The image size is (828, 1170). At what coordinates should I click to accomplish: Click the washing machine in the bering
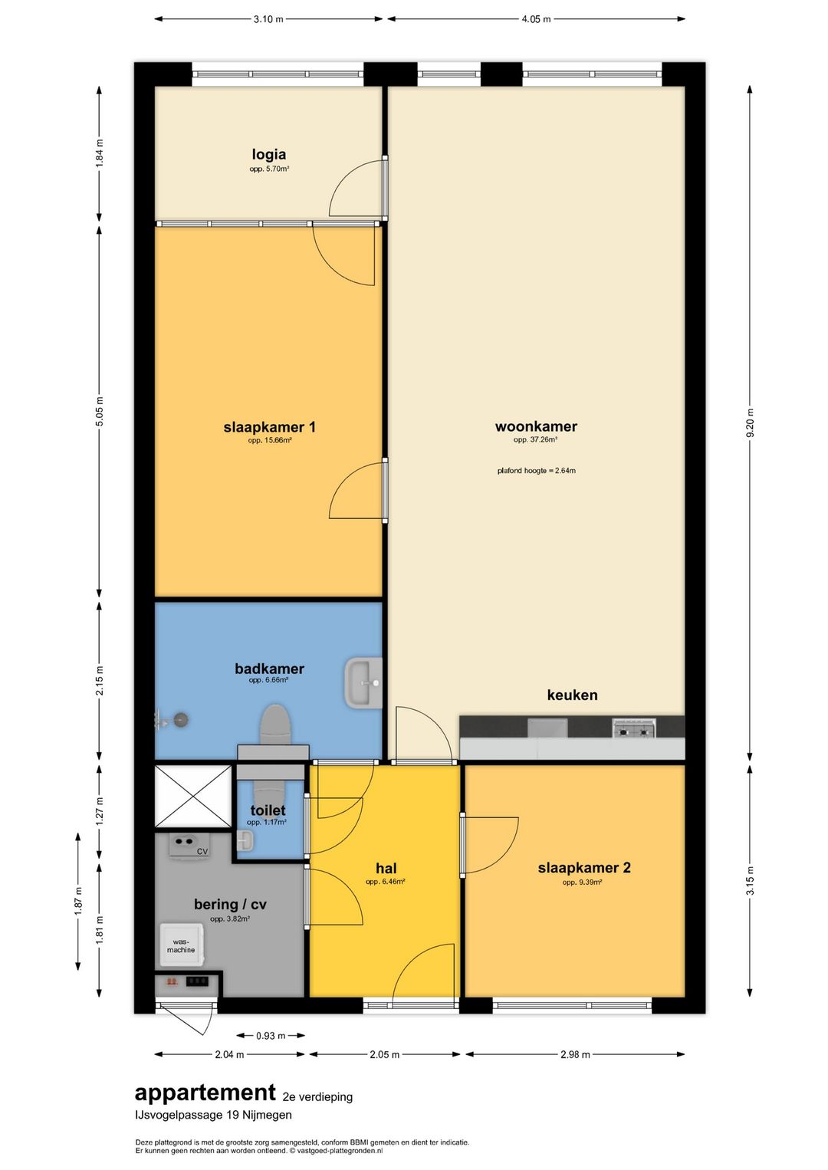(x=181, y=945)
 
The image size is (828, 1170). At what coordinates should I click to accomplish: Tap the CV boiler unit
(x=188, y=845)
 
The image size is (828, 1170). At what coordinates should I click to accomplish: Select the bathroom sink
(x=363, y=682)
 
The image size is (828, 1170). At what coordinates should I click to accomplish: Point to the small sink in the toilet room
(x=245, y=841)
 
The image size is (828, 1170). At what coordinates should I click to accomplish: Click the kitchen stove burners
(x=634, y=728)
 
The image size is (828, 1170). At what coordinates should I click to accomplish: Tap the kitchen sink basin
(x=547, y=728)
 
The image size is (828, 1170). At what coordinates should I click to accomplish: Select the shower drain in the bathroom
(x=181, y=720)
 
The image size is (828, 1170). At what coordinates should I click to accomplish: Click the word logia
(x=269, y=154)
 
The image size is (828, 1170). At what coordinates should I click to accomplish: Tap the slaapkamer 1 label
(x=270, y=427)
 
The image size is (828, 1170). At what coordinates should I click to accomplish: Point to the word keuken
(x=573, y=695)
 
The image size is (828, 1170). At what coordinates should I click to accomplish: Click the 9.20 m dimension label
(x=750, y=422)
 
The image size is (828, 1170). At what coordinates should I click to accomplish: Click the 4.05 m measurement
(x=536, y=19)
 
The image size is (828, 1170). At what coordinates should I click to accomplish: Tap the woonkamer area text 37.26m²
(x=535, y=440)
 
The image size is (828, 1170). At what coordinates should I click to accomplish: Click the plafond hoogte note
(x=537, y=471)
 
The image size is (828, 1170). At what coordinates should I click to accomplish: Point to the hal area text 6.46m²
(x=386, y=882)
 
